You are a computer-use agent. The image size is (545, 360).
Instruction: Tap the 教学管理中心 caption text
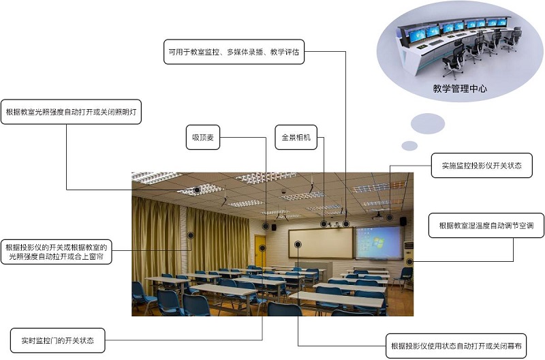[460, 89]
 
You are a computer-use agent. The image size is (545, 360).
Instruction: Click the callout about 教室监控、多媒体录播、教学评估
[234, 51]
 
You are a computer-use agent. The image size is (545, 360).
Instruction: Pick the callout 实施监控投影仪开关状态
[482, 166]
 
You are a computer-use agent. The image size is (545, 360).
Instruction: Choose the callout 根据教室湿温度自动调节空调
[486, 226]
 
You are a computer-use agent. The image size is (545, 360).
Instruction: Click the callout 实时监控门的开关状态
[58, 340]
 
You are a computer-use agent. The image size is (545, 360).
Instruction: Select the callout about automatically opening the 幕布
[456, 346]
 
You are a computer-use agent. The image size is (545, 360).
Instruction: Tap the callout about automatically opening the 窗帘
[57, 252]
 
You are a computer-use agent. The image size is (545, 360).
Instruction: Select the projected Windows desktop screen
[379, 242]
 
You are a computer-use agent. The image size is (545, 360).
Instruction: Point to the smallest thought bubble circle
[409, 145]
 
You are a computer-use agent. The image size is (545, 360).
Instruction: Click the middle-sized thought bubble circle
[428, 123]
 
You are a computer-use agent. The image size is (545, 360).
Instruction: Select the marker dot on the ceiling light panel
[197, 190]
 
